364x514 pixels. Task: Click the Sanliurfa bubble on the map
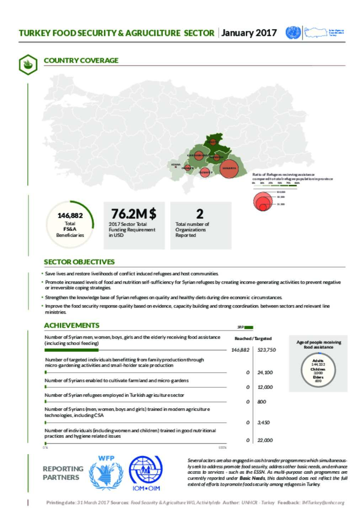click(229, 169)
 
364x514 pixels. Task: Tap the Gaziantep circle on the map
click(205, 172)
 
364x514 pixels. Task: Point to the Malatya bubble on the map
click(213, 142)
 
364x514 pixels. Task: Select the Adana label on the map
click(176, 165)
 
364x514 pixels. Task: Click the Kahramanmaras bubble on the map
click(199, 155)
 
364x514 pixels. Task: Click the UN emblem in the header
click(293, 33)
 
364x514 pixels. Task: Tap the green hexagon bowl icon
click(28, 65)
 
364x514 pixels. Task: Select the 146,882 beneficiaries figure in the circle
click(70, 215)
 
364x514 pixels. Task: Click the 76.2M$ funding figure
click(134, 214)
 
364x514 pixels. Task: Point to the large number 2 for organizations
click(200, 214)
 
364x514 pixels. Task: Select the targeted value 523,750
click(267, 350)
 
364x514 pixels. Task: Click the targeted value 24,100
click(265, 372)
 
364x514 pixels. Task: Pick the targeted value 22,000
click(265, 440)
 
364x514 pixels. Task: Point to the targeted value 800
click(262, 402)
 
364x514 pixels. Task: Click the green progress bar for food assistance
click(71, 350)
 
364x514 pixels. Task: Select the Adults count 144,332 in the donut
click(318, 364)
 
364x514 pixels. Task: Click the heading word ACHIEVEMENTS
click(71, 325)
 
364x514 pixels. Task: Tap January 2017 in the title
click(249, 33)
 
